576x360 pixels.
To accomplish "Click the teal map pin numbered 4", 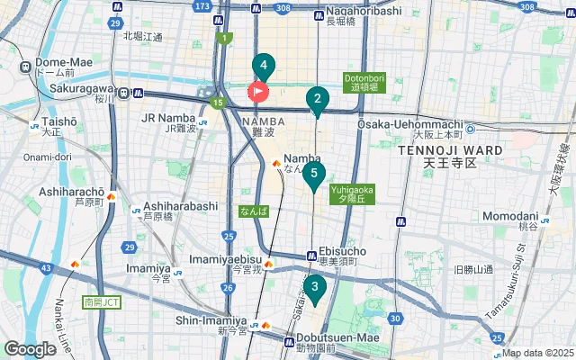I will pyautogui.click(x=263, y=66).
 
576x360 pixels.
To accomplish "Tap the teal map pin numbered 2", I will pyautogui.click(x=316, y=100).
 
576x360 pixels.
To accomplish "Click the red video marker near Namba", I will pyautogui.click(x=258, y=91).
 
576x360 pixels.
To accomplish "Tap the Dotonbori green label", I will pyautogui.click(x=364, y=82).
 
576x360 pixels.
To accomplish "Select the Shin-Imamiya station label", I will pyautogui.click(x=211, y=319).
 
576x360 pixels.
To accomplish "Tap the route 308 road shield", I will pyautogui.click(x=284, y=7).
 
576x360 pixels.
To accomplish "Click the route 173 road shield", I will pyautogui.click(x=202, y=6).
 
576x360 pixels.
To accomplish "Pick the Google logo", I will pyautogui.click(x=30, y=349).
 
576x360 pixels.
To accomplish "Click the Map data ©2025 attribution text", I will pyautogui.click(x=537, y=353).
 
